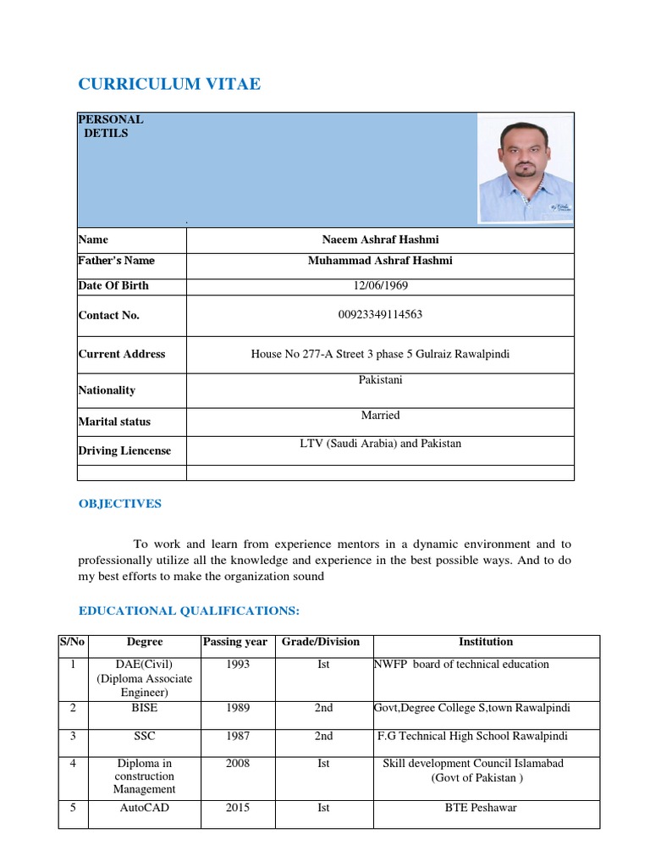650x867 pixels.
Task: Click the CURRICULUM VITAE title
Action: click(x=169, y=84)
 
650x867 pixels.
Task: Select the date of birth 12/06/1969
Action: click(x=379, y=285)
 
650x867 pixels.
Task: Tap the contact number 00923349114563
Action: click(x=379, y=315)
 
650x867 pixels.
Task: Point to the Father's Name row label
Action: click(x=116, y=261)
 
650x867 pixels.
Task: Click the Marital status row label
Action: click(x=114, y=421)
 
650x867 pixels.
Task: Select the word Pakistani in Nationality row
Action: click(x=380, y=380)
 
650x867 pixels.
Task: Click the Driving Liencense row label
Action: click(x=124, y=450)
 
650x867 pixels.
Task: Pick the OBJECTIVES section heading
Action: click(x=119, y=504)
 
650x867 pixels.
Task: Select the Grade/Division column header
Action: click(x=323, y=642)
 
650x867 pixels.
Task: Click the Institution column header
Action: click(x=486, y=642)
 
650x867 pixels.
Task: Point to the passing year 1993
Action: click(x=238, y=665)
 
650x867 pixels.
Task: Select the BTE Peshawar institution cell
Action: click(x=481, y=808)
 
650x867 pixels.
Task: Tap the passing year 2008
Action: click(x=238, y=763)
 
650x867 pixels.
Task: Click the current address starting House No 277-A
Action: click(x=380, y=354)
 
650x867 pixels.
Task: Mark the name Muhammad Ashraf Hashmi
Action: click(x=380, y=261)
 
